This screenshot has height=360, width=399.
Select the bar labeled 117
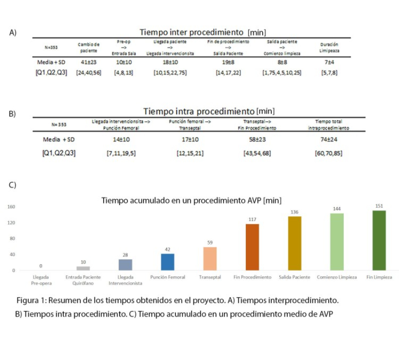click(252, 247)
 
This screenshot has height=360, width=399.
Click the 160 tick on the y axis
click(11, 207)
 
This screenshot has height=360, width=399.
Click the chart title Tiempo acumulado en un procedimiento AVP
click(192, 200)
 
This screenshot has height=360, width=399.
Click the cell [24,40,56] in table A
click(89, 73)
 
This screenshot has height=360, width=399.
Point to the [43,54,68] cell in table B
click(257, 152)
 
